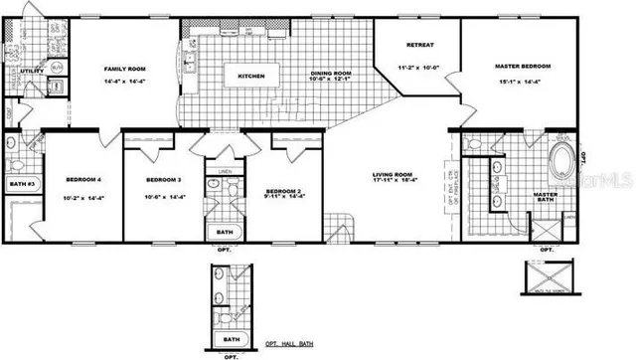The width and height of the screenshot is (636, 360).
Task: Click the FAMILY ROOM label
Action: click(125, 69)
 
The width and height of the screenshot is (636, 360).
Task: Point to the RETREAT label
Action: click(421, 46)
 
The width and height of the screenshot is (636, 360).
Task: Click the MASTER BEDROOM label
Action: click(522, 66)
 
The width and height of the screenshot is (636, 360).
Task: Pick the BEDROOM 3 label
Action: click(163, 179)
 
